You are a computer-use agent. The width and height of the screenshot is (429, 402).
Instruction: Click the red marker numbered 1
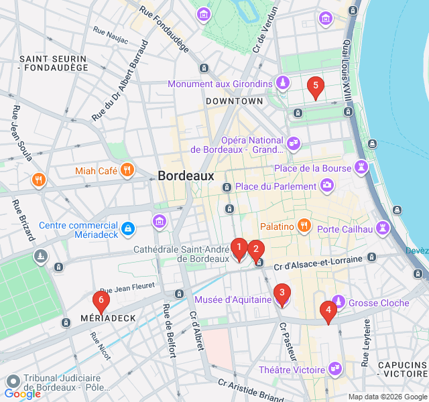click(x=239, y=249)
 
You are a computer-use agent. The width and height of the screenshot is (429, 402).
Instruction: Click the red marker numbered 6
click(x=101, y=302)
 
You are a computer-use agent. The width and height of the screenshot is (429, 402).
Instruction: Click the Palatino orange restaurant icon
click(x=304, y=226)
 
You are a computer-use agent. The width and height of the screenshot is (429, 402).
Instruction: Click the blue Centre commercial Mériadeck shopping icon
click(x=127, y=230)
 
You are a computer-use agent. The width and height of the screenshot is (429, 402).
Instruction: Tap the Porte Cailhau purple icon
click(x=383, y=228)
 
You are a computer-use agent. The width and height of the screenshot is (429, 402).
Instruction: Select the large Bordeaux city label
click(x=186, y=176)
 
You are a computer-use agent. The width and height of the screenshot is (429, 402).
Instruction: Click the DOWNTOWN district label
click(x=235, y=100)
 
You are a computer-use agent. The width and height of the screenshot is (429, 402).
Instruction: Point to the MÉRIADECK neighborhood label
click(x=108, y=318)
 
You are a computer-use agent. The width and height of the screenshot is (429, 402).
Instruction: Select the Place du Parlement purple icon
click(x=326, y=185)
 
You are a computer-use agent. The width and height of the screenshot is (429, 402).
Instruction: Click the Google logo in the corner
click(x=22, y=394)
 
